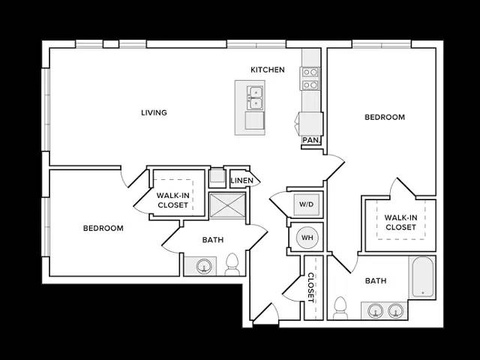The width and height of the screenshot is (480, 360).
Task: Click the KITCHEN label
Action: coord(268,70)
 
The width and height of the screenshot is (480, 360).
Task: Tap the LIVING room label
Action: coord(154,112)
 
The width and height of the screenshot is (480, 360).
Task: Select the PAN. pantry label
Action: coord(311,140)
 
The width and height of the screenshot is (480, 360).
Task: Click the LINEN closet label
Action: coord(241,181)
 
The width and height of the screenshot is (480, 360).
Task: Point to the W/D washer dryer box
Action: coord(307,204)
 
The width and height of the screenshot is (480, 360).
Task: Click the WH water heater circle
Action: coord(307,238)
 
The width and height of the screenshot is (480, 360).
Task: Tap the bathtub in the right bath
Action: coord(423,277)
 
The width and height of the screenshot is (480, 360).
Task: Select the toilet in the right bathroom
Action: coord(340,308)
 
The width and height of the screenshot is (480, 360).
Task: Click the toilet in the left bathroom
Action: coord(232,265)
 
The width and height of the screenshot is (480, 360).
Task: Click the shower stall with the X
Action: coord(227,205)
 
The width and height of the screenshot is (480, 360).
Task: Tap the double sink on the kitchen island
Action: coord(255,97)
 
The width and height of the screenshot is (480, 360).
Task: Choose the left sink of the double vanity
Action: coord(375,311)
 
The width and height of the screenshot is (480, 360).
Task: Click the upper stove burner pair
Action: coord(310,72)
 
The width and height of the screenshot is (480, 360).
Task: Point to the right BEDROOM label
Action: coord(385,117)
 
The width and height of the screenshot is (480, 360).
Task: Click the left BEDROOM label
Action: coord(103,228)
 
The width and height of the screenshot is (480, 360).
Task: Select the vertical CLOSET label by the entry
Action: coord(310,287)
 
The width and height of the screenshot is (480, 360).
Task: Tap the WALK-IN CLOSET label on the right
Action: coord(400,223)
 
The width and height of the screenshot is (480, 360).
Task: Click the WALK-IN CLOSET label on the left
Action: coord(173,200)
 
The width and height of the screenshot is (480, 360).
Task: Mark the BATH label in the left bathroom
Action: coord(213,240)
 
